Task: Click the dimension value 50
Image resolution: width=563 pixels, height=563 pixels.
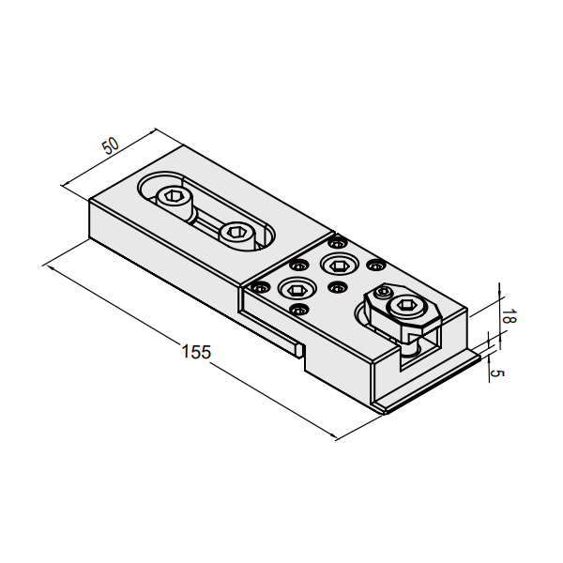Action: (111, 145)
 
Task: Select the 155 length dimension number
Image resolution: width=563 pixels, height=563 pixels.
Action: (196, 353)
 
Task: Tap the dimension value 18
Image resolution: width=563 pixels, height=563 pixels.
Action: (506, 316)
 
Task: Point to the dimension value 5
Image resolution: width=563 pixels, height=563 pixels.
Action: (498, 373)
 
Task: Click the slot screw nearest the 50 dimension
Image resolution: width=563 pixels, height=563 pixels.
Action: (173, 197)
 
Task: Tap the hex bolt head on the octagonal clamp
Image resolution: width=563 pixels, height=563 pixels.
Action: (406, 306)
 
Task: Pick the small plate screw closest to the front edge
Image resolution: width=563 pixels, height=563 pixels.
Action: (298, 309)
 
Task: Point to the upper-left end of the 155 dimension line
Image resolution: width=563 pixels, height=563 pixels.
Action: (44, 266)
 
